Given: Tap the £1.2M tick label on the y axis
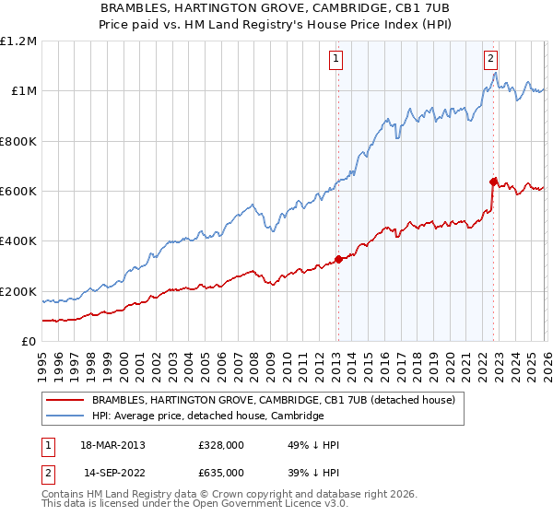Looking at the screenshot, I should coord(18,41).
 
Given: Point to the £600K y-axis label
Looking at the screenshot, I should coord(18,192).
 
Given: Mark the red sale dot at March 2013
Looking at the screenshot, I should coord(337,259).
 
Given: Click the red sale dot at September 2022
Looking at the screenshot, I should coord(493,182).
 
